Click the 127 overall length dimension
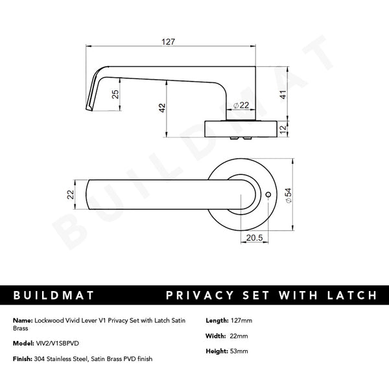click(x=169, y=41)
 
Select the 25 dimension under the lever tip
click(x=115, y=94)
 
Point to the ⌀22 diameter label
click(x=241, y=106)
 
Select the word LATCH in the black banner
click(x=350, y=296)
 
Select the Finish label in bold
click(x=22, y=359)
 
